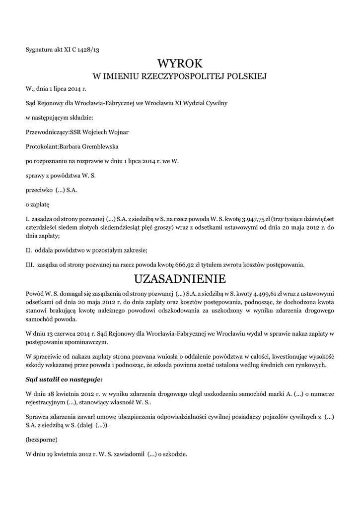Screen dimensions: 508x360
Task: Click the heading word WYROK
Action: pyautogui.click(x=180, y=63)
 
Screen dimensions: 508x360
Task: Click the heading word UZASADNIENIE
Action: pyautogui.click(x=180, y=277)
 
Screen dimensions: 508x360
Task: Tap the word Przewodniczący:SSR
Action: pyautogui.click(x=54, y=132)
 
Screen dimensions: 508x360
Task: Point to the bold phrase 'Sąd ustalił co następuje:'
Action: pyautogui.click(x=64, y=380)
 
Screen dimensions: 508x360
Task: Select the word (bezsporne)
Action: pyautogui.click(x=41, y=440)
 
